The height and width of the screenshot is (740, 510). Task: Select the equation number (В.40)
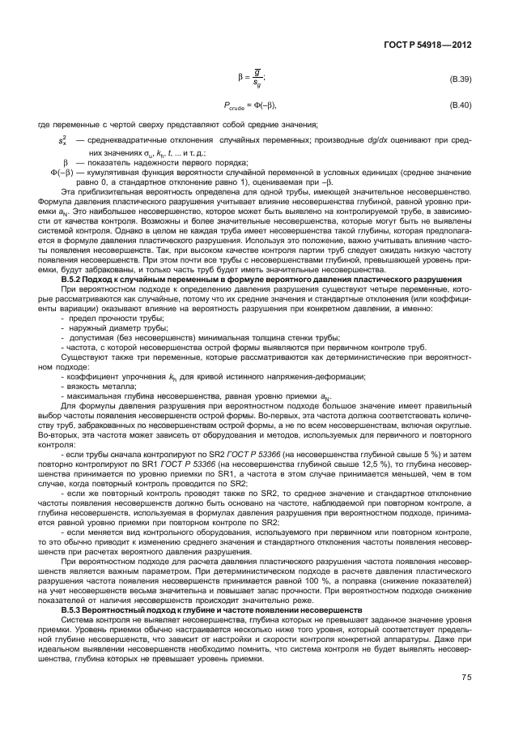(460, 106)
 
